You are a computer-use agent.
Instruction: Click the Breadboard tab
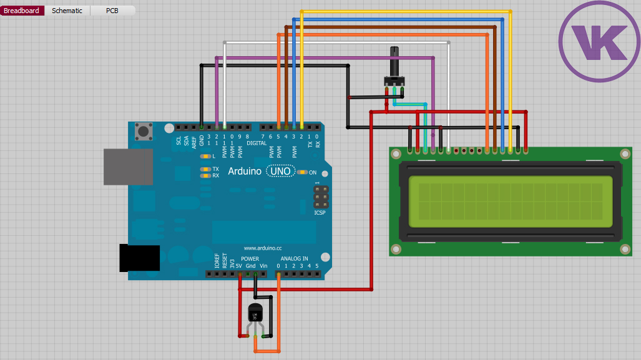pyautogui.click(x=22, y=11)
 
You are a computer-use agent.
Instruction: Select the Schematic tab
pyautogui.click(x=67, y=11)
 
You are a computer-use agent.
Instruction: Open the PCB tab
pyautogui.click(x=112, y=11)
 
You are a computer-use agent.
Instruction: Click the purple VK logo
pyautogui.click(x=599, y=41)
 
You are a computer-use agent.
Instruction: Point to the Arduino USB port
pyautogui.click(x=128, y=167)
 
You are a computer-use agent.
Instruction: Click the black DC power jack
pyautogui.click(x=139, y=258)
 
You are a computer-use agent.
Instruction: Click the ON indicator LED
pyautogui.click(x=303, y=172)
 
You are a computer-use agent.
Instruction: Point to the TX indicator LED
pyautogui.click(x=204, y=169)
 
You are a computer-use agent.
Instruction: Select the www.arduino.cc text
pyautogui.click(x=263, y=248)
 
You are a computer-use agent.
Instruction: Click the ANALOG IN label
pyautogui.click(x=294, y=258)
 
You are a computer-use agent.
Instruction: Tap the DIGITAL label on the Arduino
pyautogui.click(x=257, y=143)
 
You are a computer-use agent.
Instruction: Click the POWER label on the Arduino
pyautogui.click(x=250, y=258)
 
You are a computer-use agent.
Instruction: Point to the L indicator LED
pyautogui.click(x=204, y=156)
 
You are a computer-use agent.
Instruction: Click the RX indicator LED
pyautogui.click(x=204, y=176)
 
